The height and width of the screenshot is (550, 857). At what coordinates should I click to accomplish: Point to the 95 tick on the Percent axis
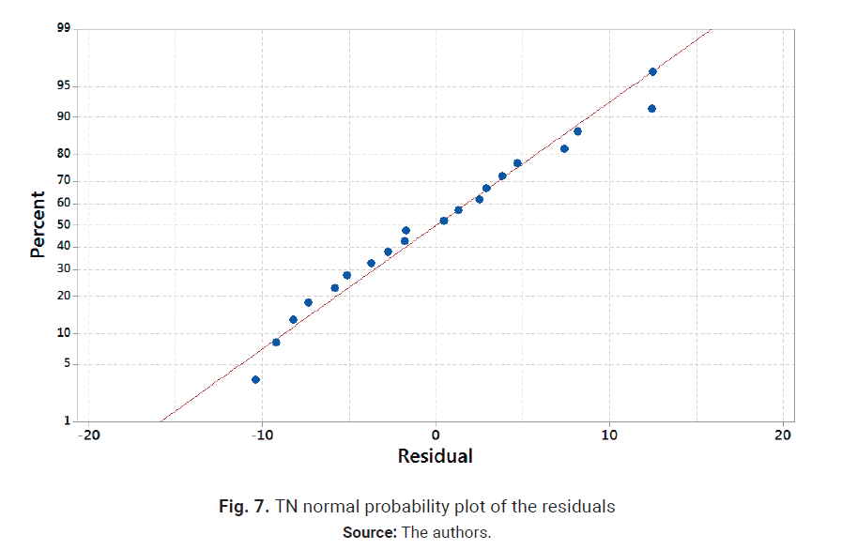click(64, 86)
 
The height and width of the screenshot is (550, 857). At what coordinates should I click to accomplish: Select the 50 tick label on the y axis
click(64, 224)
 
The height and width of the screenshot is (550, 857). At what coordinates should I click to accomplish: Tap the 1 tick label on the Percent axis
click(67, 420)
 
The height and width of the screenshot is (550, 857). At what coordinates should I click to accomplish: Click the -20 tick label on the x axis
click(87, 435)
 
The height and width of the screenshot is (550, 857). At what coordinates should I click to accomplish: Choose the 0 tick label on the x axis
click(436, 435)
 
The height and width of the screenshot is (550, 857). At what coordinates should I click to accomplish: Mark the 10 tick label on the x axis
click(609, 435)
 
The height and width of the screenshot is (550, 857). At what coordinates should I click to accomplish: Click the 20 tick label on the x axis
click(783, 435)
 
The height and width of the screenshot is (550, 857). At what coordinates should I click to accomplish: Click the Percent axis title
click(38, 224)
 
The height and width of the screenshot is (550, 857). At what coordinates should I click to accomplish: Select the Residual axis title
click(435, 457)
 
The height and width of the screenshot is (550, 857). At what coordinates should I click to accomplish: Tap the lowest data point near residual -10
click(255, 379)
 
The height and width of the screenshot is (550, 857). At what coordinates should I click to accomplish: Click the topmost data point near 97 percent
click(652, 71)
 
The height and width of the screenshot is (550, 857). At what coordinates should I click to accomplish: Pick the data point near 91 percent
click(651, 108)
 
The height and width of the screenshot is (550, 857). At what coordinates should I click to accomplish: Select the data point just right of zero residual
click(444, 221)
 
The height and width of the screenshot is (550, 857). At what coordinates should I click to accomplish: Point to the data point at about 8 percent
click(276, 342)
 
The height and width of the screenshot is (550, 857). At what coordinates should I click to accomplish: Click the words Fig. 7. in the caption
click(245, 507)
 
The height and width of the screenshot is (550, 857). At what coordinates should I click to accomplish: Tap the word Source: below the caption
click(370, 533)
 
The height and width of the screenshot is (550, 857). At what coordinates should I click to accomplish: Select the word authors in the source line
click(459, 533)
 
